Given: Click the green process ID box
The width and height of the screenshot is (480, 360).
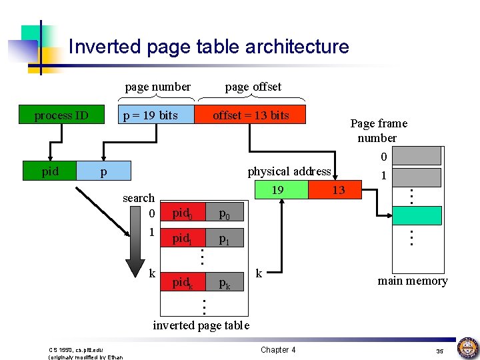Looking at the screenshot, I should (61, 115).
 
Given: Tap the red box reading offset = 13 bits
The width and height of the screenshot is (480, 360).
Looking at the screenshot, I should (250, 115).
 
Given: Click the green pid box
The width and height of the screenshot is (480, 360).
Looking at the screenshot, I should (50, 171).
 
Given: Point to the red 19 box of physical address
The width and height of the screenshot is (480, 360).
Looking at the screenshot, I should (278, 191).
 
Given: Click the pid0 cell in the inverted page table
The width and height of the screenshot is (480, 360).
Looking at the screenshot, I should (183, 213).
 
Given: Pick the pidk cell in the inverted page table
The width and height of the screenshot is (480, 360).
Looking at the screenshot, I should (183, 283).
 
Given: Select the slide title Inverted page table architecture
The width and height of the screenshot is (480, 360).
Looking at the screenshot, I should (209, 47).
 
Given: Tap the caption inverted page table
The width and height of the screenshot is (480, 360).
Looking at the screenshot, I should (201, 325).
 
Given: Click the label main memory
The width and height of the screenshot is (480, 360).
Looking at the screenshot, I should (412, 281).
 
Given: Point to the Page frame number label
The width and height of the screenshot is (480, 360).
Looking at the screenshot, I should (378, 131).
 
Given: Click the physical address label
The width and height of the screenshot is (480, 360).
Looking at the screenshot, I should (289, 171).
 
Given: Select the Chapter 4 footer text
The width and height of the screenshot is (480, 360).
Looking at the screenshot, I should (278, 349).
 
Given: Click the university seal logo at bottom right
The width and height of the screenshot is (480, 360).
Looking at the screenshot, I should (467, 348).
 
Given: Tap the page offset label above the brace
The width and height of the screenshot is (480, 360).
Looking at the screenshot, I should (253, 87).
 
